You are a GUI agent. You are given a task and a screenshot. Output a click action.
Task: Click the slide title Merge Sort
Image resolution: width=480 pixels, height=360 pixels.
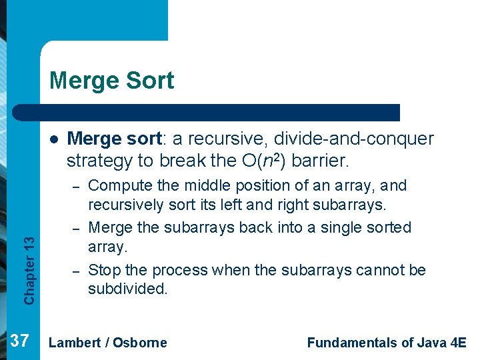pos(111,81)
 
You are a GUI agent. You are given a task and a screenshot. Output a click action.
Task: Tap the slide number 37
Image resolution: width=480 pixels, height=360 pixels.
pos(20,342)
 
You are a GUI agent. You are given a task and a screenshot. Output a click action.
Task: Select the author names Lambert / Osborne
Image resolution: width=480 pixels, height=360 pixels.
pos(108,343)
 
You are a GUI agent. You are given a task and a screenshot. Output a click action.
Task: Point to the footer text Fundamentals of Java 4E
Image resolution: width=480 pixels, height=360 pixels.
pos(387,343)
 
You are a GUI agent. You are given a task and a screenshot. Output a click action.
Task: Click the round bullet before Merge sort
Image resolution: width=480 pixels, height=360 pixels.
pos(53,140)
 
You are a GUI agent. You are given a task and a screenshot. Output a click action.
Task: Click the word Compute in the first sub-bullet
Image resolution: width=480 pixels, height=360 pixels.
pos(116,185)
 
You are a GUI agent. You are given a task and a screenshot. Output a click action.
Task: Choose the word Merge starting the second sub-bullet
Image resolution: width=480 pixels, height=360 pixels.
pos(110,227)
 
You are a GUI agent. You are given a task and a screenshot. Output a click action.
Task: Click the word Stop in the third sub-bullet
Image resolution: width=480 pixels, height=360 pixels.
pos(103,270)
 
